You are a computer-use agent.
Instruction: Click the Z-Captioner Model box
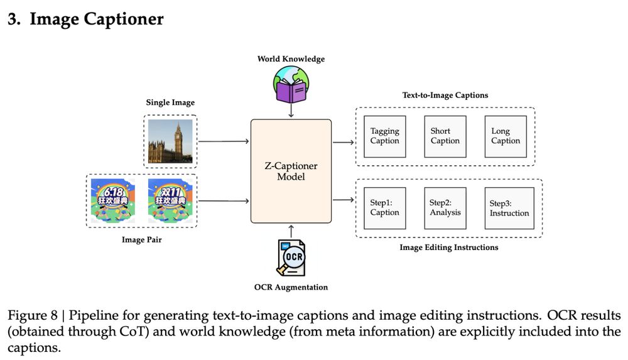pos(291,171)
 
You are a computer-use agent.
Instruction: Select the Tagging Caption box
pos(384,136)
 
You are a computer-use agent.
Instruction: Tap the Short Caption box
pos(445,136)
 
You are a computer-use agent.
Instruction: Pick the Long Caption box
pos(506,136)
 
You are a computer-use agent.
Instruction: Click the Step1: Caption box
pos(384,207)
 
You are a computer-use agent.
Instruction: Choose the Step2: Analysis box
pos(445,207)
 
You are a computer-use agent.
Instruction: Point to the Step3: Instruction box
pos(509,208)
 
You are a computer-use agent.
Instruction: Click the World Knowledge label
pos(291,59)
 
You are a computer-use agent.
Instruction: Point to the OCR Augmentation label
pos(291,287)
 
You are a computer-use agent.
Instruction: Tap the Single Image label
pos(170,102)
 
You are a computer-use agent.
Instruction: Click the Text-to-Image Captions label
pos(445,95)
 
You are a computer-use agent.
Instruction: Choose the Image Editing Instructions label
pos(448,248)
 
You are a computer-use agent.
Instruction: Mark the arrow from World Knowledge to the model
pos(291,111)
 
